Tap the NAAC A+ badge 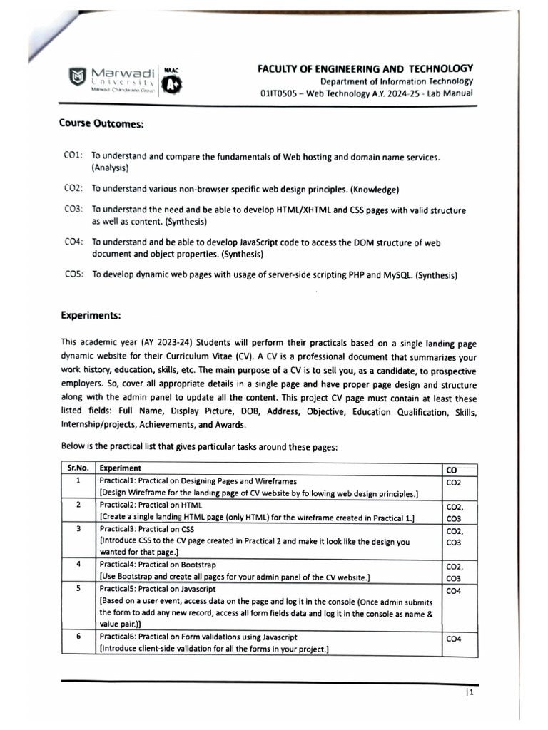pos(172,85)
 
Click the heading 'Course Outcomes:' pos(101,123)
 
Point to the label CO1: pos(74,156)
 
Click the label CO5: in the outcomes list pos(74,275)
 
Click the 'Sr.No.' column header pos(78,468)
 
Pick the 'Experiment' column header pos(121,468)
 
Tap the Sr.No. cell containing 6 pos(78,637)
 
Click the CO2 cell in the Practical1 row pos(454,483)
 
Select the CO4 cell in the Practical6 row pos(454,639)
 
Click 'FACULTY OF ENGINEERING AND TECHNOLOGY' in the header pos(365,68)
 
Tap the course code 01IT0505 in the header pos(280,94)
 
